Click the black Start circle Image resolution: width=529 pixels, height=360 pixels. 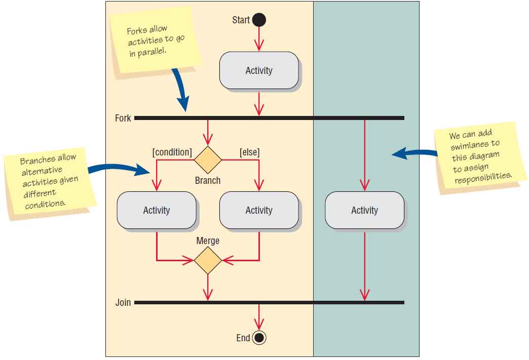tap(259, 20)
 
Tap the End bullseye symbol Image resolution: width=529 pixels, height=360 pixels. tap(259, 338)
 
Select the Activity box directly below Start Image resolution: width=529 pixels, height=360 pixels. tap(259, 70)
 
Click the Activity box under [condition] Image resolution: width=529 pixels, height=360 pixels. tap(157, 210)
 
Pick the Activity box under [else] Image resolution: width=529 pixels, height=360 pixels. tap(259, 210)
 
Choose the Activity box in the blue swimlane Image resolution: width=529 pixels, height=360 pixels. tap(364, 210)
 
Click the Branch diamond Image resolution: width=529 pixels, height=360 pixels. tap(208, 160)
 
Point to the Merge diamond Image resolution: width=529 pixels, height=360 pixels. tap(208, 261)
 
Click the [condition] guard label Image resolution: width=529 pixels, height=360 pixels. tap(172, 152)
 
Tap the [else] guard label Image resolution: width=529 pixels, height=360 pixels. tap(249, 152)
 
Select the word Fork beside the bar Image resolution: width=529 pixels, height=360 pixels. tap(123, 118)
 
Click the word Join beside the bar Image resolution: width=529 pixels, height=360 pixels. tap(123, 303)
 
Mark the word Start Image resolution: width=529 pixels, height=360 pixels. tap(241, 20)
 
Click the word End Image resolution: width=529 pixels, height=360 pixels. tap(243, 338)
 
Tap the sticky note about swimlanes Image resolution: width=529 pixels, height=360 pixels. tap(480, 157)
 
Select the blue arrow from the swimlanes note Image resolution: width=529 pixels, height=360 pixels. tap(413, 153)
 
